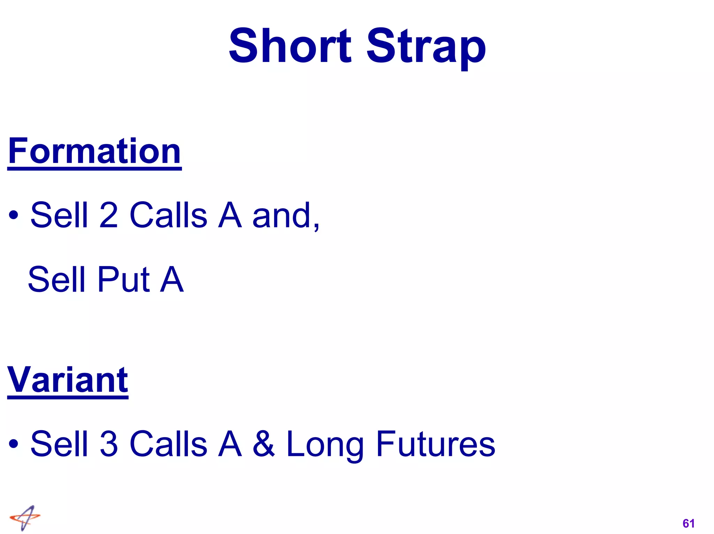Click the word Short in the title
click(290, 46)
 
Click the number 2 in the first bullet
click(108, 215)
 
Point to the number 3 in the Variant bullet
click(109, 443)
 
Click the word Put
click(123, 279)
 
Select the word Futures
click(435, 443)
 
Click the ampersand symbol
click(264, 443)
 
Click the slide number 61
click(689, 523)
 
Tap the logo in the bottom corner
click(25, 518)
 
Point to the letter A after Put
click(172, 279)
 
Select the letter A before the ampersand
click(230, 443)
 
